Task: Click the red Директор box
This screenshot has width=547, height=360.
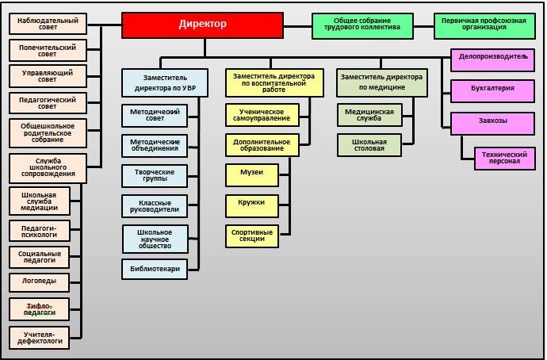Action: tap(202, 25)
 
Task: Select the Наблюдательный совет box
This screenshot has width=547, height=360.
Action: tap(48, 24)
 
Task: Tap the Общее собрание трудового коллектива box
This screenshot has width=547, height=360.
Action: tap(362, 26)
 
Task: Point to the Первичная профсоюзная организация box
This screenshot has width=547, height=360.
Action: tap(484, 26)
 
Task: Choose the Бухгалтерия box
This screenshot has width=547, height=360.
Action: tap(492, 91)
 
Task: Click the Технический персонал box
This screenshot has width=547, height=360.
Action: tap(504, 159)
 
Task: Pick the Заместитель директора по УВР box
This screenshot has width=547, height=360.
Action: tap(165, 82)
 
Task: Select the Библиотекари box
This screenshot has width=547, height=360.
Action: tap(155, 269)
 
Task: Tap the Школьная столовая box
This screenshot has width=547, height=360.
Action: tap(369, 145)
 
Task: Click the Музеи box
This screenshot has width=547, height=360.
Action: tap(252, 175)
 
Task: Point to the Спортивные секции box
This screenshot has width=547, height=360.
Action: tap(252, 236)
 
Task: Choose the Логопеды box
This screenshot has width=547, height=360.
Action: tap(39, 282)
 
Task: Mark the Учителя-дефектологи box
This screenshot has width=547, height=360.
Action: tap(39, 338)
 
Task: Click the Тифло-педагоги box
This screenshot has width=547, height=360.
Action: tap(39, 309)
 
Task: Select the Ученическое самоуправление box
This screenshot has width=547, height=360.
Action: tap(262, 115)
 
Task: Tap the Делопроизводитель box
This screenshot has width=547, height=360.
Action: tap(492, 60)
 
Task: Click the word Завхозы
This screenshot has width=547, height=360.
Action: tap(492, 121)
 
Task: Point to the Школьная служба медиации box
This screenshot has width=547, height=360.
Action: tap(39, 201)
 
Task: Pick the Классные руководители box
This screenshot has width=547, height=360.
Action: tap(155, 206)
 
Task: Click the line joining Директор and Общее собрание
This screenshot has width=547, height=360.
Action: tap(297, 26)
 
